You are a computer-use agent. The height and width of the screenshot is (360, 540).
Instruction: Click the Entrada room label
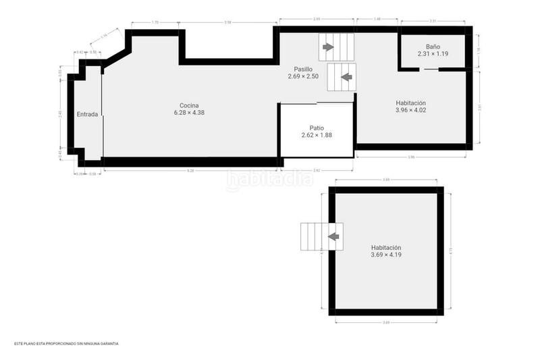[x=87, y=114]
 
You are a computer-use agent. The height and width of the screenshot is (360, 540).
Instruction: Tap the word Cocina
[x=189, y=105]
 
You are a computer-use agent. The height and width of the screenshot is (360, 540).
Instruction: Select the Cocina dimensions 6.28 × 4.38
[x=189, y=113]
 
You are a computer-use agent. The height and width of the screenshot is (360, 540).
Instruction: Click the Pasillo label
[x=302, y=69]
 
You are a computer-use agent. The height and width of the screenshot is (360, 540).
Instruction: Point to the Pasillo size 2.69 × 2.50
[x=302, y=76]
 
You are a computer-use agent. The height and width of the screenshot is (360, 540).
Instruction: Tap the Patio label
[x=317, y=128]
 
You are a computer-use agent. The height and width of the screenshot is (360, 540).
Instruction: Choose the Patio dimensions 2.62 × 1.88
[x=317, y=135]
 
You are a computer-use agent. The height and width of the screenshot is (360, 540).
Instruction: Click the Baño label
[x=433, y=46]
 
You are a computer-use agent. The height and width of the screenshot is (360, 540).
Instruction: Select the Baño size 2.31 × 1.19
[x=433, y=53]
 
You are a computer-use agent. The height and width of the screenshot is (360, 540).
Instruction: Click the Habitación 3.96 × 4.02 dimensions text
[x=410, y=110]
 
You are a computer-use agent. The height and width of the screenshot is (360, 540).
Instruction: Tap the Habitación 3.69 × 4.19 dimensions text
[x=386, y=255]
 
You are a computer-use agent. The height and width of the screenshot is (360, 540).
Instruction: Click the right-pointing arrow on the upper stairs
[x=328, y=47]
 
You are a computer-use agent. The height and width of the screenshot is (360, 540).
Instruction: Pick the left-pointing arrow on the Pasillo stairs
[x=346, y=77]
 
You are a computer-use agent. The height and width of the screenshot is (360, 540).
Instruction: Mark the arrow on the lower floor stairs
[x=333, y=236]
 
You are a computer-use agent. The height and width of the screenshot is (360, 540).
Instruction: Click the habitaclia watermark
[x=270, y=180]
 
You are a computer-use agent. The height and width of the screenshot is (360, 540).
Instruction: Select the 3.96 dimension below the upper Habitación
[x=410, y=157]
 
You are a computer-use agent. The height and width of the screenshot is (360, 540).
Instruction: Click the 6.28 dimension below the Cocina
[x=190, y=170]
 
